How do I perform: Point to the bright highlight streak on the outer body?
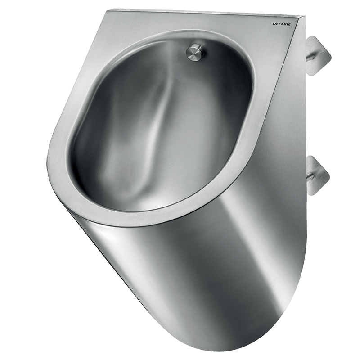pos(108,252)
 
